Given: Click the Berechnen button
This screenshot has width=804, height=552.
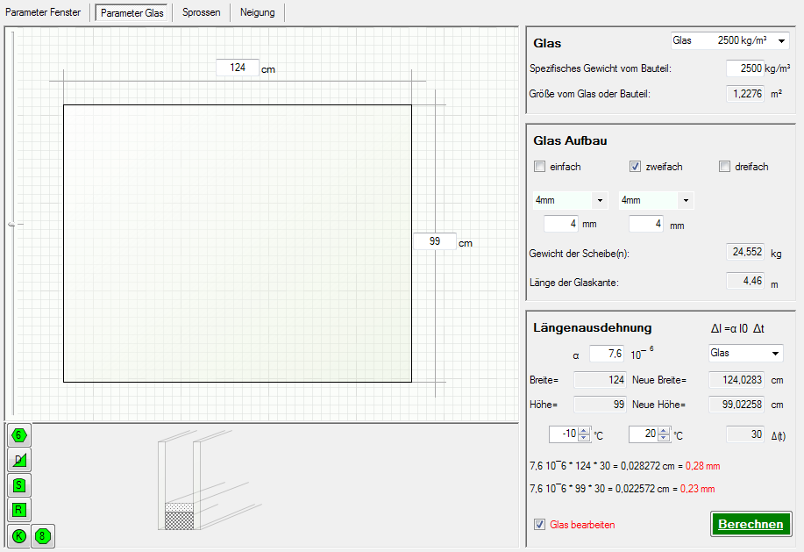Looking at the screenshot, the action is [751, 524].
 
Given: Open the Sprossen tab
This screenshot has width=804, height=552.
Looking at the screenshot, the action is [202, 12].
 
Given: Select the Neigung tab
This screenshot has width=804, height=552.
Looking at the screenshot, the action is [258, 12].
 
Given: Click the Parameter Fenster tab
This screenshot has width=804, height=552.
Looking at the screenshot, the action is [43, 12].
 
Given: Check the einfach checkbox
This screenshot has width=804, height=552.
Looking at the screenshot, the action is [539, 166].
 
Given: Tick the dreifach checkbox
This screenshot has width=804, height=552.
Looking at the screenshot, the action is [724, 166].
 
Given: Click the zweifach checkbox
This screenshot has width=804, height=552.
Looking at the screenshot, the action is [636, 166].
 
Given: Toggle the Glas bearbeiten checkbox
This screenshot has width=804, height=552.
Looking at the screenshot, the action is [539, 524].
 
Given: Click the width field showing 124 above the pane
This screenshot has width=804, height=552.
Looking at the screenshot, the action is [238, 68].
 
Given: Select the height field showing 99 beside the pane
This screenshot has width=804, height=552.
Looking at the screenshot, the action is [435, 241].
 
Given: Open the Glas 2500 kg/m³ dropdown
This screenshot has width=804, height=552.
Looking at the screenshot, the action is [730, 40].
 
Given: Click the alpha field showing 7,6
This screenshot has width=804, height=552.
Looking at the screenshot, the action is [607, 354].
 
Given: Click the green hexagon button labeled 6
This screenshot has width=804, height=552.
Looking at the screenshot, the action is [19, 435].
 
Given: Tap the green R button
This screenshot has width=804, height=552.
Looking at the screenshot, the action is [19, 510].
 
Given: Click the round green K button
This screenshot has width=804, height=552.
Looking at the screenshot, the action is [19, 536].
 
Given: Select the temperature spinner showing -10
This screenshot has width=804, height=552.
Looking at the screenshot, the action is [570, 434].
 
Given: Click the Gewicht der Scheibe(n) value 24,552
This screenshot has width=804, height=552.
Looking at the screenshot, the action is [745, 252].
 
